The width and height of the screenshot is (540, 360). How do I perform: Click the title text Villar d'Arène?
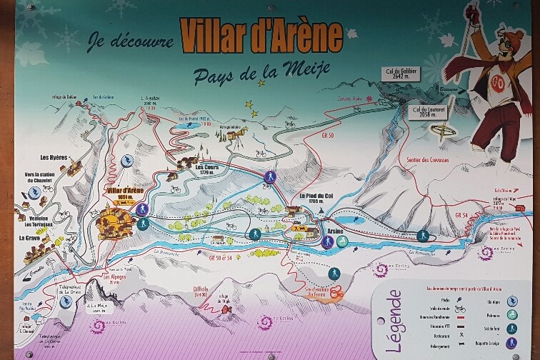261,33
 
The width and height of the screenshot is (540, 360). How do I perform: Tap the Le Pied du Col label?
316,196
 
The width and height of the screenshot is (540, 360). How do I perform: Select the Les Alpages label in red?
114,276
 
